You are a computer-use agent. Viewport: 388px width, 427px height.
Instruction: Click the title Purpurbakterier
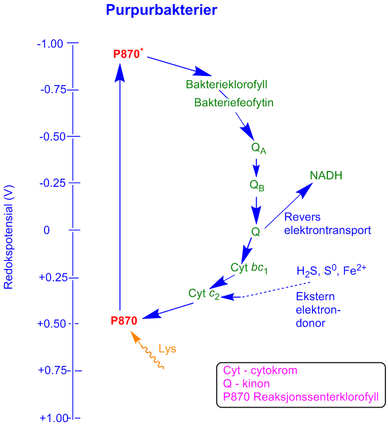pos(162,10)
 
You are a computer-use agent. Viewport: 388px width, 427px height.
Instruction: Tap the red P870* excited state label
pos(129,54)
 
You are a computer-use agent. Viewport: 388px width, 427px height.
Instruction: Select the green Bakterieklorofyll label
pos(226,85)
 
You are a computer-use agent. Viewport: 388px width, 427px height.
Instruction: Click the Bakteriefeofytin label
pos(234,103)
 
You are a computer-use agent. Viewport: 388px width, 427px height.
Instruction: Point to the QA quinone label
pos(259,149)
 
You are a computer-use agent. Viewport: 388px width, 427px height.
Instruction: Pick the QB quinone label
pos(257,185)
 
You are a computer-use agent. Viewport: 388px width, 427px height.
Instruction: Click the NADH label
pos(326,175)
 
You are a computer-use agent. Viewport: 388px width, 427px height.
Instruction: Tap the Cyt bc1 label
pos(249,268)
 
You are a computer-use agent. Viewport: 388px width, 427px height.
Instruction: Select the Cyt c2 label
pos(204,294)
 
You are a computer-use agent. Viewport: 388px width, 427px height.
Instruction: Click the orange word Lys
pos(168,349)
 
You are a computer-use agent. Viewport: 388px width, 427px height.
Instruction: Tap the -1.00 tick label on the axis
pos(50,44)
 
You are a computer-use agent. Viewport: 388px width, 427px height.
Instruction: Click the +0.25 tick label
pos(53,277)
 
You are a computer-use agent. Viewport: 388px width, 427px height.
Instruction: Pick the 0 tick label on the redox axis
pos(47,230)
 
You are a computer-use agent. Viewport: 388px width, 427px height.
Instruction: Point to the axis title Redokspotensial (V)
pos(8,237)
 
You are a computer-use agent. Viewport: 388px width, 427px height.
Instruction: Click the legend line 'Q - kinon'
pos(246,384)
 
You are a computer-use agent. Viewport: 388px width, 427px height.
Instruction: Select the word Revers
pos(302,217)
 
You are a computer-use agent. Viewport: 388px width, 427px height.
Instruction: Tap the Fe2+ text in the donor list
pos(355,270)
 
